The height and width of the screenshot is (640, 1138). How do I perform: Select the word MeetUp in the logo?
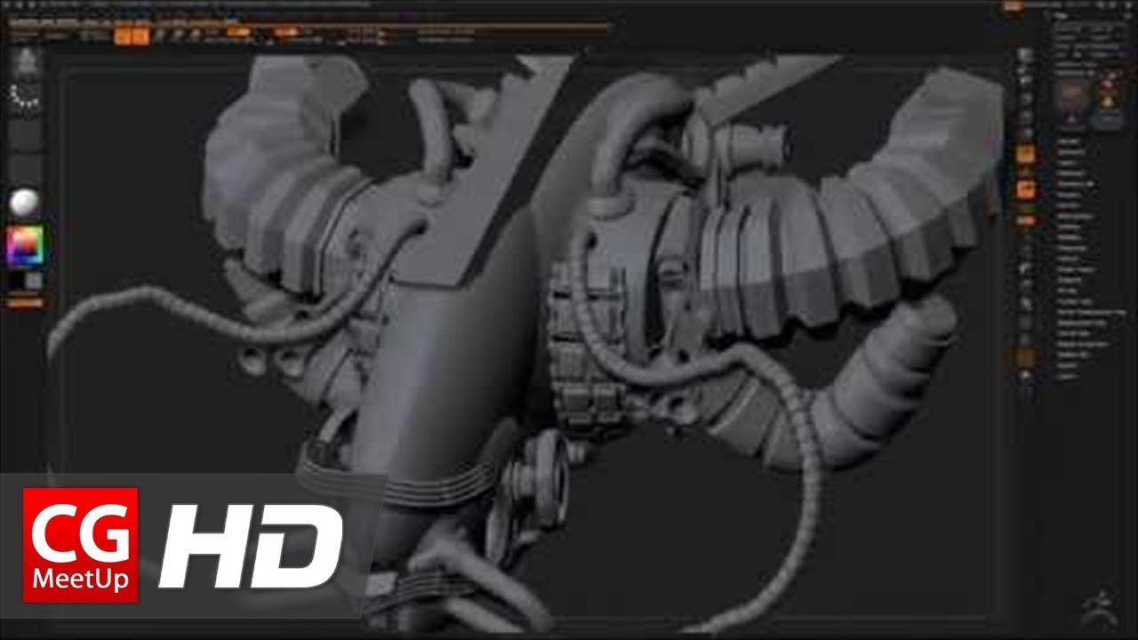click(80, 580)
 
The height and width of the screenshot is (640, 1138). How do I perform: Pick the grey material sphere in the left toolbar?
click(25, 203)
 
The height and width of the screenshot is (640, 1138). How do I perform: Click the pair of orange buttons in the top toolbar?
click(132, 35)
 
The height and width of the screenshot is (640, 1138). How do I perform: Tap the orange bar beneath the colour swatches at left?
click(25, 303)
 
